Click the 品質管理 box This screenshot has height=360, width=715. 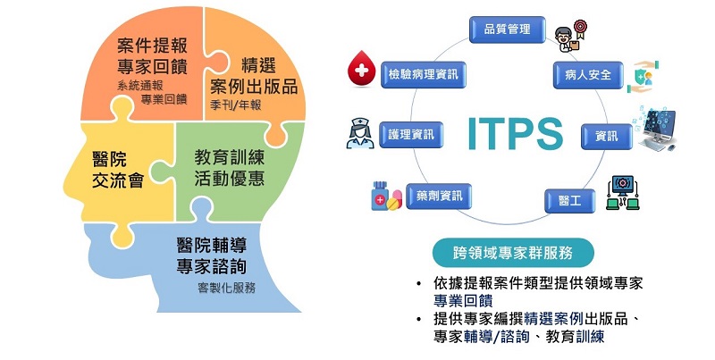coord(507,29)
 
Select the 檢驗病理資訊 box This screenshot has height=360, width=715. coord(423,74)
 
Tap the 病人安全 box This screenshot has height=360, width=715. coord(588,75)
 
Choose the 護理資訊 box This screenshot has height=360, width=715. coord(411,134)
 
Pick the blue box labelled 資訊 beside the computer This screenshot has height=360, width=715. coord(607,137)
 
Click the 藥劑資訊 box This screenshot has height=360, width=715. coord(439,196)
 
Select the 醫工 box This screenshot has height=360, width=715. coord(570,201)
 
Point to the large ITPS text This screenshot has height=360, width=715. coord(516,134)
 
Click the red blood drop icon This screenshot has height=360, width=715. coord(361,69)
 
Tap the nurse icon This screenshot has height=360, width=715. coord(360,133)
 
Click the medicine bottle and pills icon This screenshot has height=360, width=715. coord(386,196)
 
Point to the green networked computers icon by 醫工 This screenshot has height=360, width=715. coord(622,193)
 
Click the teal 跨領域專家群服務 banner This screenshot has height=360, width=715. coord(513,253)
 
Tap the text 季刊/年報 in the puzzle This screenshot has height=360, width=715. coord(235,105)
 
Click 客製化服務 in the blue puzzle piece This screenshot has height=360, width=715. coord(227,288)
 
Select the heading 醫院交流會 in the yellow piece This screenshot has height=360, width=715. coord(118,171)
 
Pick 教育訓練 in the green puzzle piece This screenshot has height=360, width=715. coord(230,158)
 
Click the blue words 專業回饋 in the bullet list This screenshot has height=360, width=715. coord(463,301)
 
